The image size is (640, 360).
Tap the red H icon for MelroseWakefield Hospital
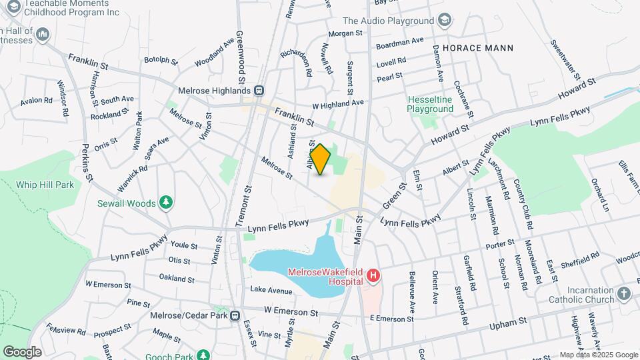(x=374, y=275)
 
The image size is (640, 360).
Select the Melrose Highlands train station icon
(x=260, y=91)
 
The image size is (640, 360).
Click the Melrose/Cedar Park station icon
(x=235, y=315)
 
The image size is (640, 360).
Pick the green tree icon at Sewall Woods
(x=165, y=203)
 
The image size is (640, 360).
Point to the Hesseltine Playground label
(x=430, y=104)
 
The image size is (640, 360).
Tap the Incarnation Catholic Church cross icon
(x=623, y=293)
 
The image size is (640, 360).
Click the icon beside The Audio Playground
(x=445, y=21)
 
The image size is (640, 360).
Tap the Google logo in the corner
(x=21, y=351)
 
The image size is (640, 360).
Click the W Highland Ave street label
(x=338, y=103)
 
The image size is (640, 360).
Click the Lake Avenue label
(x=271, y=290)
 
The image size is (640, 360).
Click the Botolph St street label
(x=161, y=61)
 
